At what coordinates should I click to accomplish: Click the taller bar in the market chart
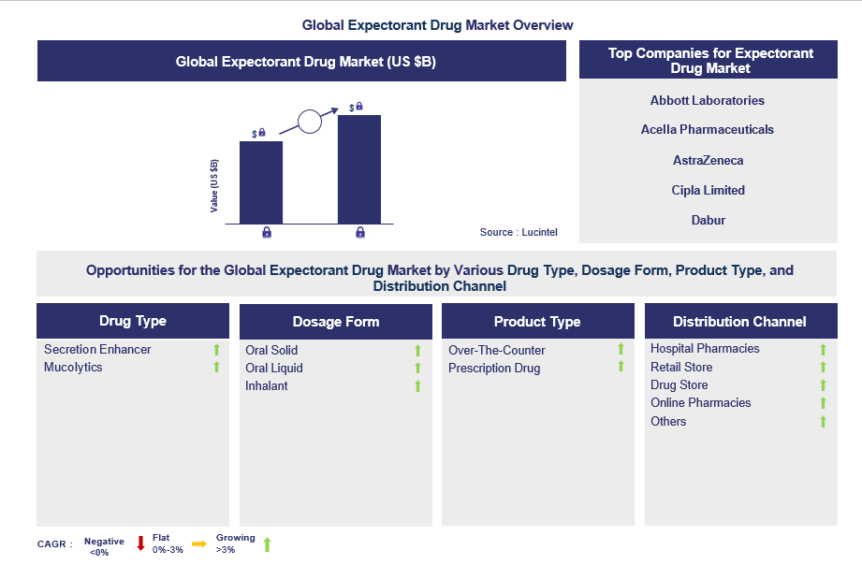[359, 168]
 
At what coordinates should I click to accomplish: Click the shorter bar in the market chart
[261, 181]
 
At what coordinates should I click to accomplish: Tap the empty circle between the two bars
[309, 121]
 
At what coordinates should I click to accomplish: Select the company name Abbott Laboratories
[707, 100]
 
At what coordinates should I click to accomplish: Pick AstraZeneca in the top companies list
[708, 160]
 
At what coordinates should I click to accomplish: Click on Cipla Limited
[708, 190]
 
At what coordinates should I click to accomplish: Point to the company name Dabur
[709, 221]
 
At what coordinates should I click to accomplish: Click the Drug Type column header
[133, 321]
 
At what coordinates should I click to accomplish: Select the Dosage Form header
[336, 322]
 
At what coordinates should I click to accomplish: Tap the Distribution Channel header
[739, 322]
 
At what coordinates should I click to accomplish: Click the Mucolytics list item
[73, 367]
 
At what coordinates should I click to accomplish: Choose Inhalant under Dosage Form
[267, 385]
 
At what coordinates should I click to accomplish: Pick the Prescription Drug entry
[494, 368]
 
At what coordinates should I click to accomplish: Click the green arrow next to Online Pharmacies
[823, 403]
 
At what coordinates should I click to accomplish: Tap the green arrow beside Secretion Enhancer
[216, 350]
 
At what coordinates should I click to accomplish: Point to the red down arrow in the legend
[140, 543]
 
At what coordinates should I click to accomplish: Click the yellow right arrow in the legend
[198, 543]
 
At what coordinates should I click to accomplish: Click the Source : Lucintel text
[519, 232]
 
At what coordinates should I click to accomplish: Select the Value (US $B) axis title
[214, 185]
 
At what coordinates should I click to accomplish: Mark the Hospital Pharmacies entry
[705, 349]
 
